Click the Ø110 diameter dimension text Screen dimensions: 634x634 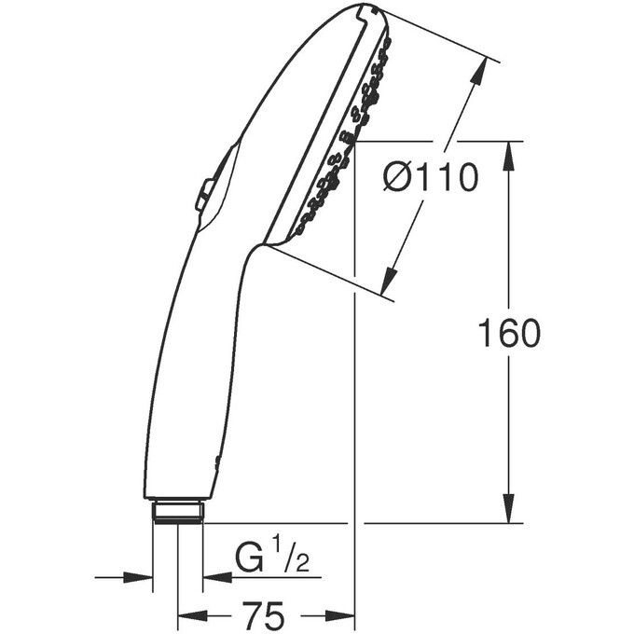click(x=430, y=176)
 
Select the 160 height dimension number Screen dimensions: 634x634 click(x=508, y=333)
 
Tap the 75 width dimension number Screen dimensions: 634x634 click(x=264, y=615)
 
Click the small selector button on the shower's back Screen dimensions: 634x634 click(x=202, y=197)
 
